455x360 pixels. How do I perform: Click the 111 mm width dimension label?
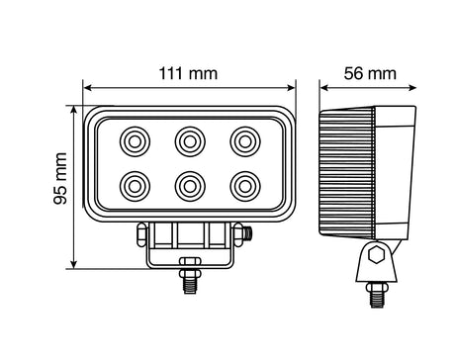(x=188, y=73)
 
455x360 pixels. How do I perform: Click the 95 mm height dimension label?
(x=59, y=179)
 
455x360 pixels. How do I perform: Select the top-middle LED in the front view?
(x=189, y=141)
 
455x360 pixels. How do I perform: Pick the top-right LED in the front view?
(x=243, y=141)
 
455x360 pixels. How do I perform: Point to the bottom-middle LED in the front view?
(x=189, y=184)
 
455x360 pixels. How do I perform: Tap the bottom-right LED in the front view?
(x=243, y=184)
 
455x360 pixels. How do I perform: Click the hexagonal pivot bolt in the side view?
(x=375, y=256)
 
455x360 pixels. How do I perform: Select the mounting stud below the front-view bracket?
(x=189, y=279)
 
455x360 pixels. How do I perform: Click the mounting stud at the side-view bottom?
(x=375, y=294)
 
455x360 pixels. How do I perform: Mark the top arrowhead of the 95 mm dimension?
(x=74, y=107)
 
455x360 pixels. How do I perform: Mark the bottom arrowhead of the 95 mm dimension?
(x=74, y=266)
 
